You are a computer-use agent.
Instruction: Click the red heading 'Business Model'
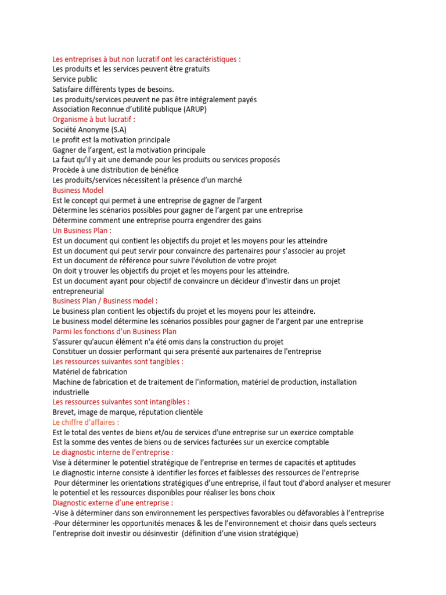[x=78, y=190]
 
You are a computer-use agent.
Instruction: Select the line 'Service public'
[x=75, y=79]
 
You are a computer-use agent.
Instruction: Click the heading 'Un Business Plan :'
[x=82, y=231]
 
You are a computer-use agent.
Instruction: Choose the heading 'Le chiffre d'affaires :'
[x=85, y=422]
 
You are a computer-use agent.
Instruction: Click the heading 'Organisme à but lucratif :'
[x=93, y=119]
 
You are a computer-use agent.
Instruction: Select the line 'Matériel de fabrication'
[x=90, y=372]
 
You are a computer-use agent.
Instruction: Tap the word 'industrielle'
[x=71, y=392]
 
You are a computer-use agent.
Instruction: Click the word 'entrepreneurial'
[x=78, y=291]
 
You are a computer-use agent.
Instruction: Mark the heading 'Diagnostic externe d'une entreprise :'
[x=113, y=503]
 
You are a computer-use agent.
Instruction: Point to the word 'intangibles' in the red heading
[x=166, y=402]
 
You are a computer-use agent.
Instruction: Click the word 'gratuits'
[x=195, y=69]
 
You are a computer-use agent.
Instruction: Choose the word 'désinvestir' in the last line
[x=157, y=534]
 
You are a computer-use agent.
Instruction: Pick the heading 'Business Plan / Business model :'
[x=105, y=301]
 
